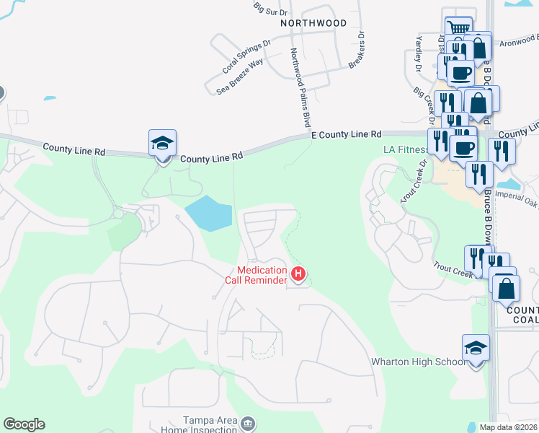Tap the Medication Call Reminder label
[x=262, y=275]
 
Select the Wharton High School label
[x=418, y=362]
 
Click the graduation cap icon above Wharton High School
[x=476, y=349]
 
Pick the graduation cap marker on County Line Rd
[x=163, y=143]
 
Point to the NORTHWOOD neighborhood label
[x=313, y=23]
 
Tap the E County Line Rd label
[x=346, y=135]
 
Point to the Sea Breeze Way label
[x=240, y=76]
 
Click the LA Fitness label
[x=406, y=150]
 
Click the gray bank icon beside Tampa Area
[x=248, y=422]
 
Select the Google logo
[x=24, y=424]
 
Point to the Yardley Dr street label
[x=418, y=55]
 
